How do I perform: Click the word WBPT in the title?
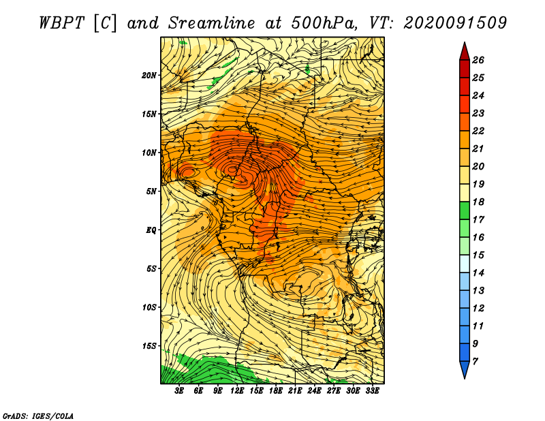click(62, 23)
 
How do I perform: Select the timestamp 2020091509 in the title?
click(455, 23)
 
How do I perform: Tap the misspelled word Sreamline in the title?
click(212, 23)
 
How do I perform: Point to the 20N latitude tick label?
click(149, 76)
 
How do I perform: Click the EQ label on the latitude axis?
click(151, 230)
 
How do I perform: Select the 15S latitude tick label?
click(149, 346)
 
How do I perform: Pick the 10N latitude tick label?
click(149, 153)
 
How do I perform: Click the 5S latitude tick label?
click(151, 268)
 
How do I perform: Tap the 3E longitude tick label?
click(179, 391)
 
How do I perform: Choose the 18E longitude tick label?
click(276, 391)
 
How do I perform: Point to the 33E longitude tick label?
click(372, 391)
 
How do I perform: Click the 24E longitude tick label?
click(314, 391)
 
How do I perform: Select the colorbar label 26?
click(478, 60)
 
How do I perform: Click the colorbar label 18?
click(478, 202)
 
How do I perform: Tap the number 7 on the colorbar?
click(475, 362)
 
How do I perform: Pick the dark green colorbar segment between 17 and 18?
click(465, 210)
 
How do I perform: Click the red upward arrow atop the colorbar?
click(465, 51)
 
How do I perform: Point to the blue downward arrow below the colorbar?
click(465, 370)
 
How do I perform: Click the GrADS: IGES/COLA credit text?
click(38, 416)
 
